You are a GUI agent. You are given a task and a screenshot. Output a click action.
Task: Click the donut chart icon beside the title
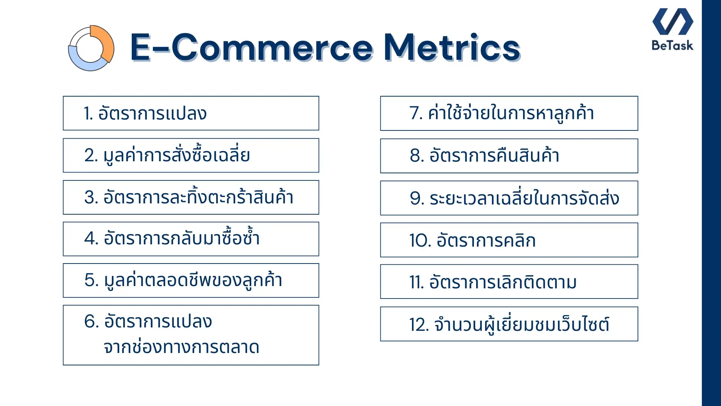point(91,48)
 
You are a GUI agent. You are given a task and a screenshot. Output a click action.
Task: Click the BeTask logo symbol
point(673,21)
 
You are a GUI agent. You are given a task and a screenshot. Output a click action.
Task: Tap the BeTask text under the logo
point(672,45)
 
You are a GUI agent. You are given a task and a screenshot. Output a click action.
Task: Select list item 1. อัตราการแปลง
point(145,113)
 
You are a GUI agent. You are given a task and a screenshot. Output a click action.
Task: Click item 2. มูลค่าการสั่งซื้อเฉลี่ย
point(167,155)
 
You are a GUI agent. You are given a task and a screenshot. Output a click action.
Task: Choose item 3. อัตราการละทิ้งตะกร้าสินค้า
point(189,197)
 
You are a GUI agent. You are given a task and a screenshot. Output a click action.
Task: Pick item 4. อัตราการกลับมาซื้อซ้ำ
point(172,239)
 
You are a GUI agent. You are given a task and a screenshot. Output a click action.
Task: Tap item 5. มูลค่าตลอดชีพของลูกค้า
point(183,280)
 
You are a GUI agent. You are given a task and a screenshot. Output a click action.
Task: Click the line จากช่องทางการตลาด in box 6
point(181,347)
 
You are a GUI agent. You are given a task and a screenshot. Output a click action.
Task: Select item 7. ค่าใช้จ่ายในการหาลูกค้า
point(502,113)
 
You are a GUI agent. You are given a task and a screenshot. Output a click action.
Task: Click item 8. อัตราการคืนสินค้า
point(484,156)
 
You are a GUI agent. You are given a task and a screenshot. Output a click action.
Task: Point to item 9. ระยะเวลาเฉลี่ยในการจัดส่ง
point(514,198)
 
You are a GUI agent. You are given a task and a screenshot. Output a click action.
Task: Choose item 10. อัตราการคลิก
point(472,240)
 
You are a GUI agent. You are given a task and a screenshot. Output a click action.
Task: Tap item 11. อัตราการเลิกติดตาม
point(493,282)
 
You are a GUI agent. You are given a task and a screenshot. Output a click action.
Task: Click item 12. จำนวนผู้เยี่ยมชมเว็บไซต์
point(509,324)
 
